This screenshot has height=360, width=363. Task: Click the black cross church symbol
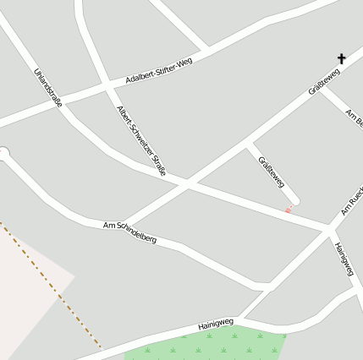coord(342,59)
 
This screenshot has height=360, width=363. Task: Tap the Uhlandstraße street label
coord(47,87)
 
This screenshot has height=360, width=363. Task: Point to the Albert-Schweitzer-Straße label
coord(141,140)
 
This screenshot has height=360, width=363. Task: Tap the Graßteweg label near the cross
coord(324,82)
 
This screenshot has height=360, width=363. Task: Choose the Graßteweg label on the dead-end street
coord(271,172)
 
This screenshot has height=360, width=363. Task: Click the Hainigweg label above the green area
coord(215,324)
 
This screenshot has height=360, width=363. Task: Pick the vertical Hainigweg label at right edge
coord(343,259)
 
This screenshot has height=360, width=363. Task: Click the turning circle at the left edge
coord(3,154)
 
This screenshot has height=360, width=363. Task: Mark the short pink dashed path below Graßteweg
coord(289,208)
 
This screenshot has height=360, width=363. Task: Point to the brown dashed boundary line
coord(51,284)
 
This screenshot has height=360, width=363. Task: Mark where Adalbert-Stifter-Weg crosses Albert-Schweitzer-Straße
coord(107,86)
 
